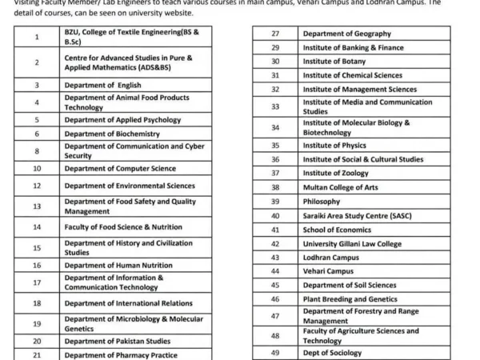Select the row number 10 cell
pos(37,168)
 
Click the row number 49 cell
pos(274,352)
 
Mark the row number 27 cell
pos(274,34)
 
